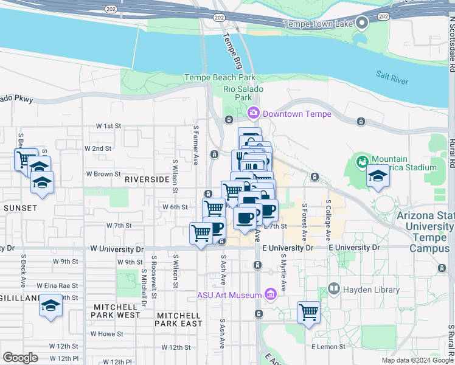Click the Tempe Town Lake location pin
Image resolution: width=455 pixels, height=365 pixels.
[363, 24]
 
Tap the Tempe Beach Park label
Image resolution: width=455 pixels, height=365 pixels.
[220, 78]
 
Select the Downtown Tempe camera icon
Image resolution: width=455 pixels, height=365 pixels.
[253, 113]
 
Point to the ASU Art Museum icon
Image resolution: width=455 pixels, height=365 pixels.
[271, 296]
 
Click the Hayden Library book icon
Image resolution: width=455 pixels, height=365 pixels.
[333, 288]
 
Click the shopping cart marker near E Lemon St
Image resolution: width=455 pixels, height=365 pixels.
[308, 312]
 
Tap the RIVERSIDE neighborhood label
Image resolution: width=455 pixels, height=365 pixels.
[147, 179]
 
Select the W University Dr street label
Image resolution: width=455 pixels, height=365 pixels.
[117, 249]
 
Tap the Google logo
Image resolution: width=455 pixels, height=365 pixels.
[21, 357]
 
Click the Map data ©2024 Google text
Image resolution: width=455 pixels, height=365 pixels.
[417, 360]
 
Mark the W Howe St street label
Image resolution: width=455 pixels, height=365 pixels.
[106, 334]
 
